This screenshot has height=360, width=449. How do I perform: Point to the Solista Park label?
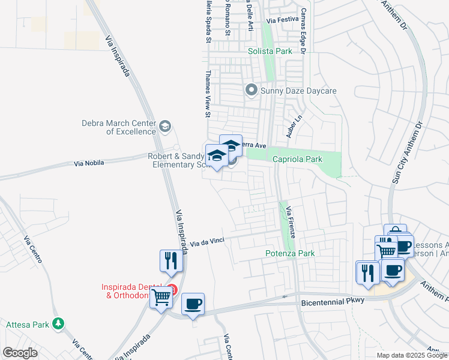270,52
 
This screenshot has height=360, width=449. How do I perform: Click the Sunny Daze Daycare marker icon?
251,91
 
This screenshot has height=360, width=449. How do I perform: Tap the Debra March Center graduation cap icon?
165,127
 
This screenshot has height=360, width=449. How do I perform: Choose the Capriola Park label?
298,160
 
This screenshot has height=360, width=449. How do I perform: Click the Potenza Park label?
290,254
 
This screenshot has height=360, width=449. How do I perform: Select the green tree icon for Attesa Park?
58,324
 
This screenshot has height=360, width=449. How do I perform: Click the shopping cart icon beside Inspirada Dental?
161,297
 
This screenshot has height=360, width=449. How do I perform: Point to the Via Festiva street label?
282,20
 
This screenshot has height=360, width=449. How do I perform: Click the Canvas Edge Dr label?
304,33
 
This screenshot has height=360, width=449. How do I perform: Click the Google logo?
20,353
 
